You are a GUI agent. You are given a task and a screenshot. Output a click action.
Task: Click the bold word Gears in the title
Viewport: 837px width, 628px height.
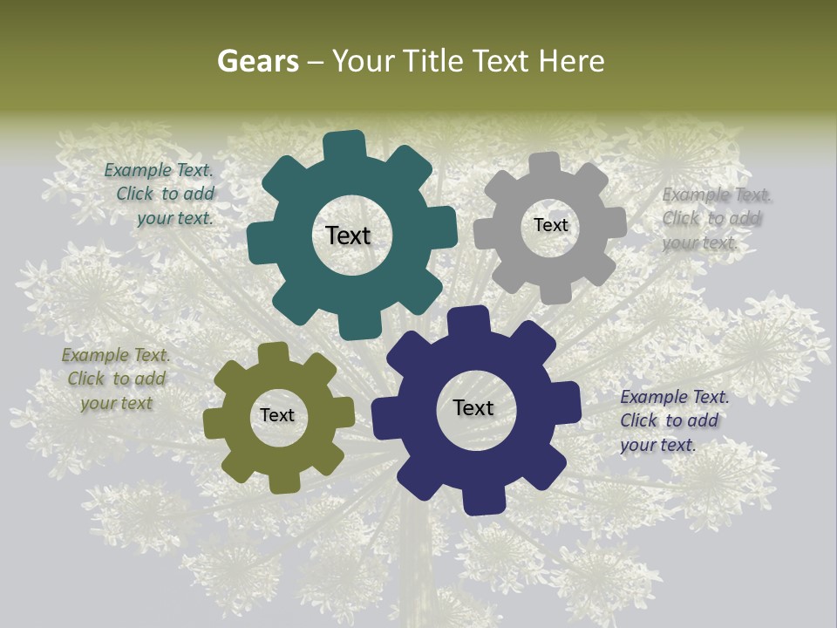[x=257, y=62]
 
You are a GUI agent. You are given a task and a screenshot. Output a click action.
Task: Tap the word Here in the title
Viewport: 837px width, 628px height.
[x=572, y=61]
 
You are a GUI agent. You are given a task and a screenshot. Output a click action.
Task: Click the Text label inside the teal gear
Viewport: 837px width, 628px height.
[x=348, y=235]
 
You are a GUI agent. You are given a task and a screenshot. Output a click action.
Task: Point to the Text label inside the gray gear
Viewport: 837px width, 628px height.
[x=550, y=225]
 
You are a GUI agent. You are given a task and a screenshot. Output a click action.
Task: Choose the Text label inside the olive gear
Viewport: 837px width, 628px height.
[x=277, y=415]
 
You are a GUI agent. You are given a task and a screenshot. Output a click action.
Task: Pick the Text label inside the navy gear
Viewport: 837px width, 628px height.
[x=473, y=407]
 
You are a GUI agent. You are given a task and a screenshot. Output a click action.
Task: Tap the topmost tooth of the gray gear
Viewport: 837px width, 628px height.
[x=544, y=164]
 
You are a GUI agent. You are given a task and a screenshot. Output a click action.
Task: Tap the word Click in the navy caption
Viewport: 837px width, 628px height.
[x=638, y=420]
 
